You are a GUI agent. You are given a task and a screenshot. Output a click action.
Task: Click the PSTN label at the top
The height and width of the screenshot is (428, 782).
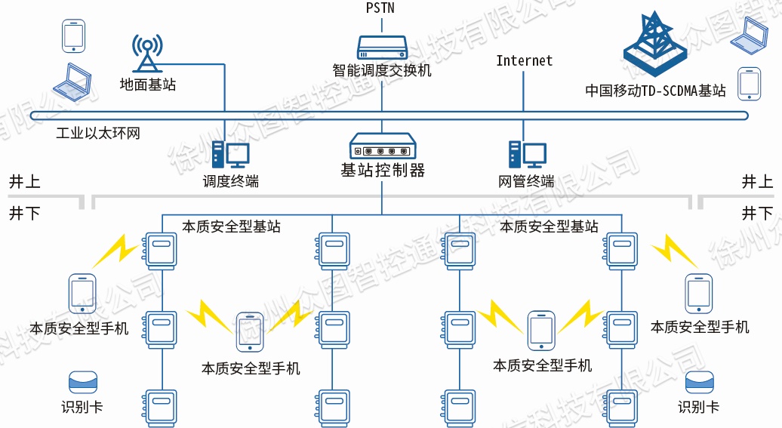click(380, 8)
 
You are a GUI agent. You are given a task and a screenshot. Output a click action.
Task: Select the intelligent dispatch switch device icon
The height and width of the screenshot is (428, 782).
click(382, 48)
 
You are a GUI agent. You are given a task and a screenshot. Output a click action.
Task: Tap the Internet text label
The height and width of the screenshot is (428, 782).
click(524, 61)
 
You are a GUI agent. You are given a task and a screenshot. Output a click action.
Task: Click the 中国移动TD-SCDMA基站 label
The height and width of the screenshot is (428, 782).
click(655, 91)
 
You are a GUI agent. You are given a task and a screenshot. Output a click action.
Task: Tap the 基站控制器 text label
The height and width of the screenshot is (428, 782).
click(383, 170)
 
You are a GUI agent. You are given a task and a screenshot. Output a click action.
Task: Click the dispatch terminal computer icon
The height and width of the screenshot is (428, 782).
click(230, 155)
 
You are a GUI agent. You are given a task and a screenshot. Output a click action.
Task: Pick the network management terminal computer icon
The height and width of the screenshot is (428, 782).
click(526, 155)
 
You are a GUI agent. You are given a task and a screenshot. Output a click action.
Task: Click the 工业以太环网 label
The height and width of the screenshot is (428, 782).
click(98, 134)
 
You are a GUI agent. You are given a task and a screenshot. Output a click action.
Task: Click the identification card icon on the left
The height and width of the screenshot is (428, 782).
click(83, 381)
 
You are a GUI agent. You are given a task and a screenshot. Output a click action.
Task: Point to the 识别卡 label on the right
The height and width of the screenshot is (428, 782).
click(698, 408)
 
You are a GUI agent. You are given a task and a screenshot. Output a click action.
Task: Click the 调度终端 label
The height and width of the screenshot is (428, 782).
click(230, 181)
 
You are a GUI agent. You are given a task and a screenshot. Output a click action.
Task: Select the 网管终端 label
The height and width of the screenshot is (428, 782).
click(526, 181)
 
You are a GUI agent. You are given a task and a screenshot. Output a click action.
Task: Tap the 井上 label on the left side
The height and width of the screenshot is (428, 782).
click(24, 182)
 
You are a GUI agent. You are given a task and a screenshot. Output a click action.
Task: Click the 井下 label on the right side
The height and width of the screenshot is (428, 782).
click(757, 214)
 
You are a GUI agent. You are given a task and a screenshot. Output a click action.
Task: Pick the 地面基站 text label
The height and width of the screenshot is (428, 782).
click(148, 85)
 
